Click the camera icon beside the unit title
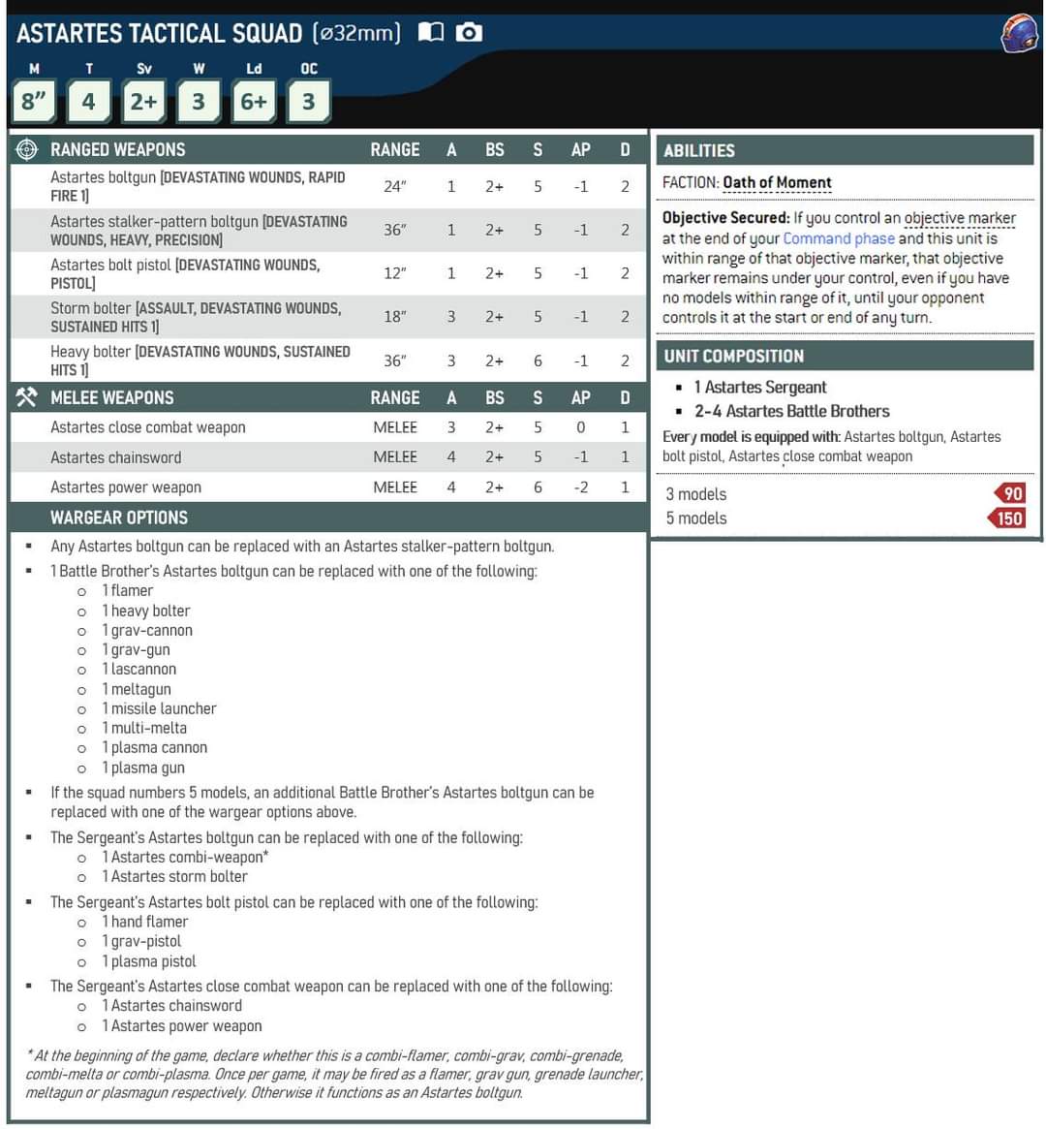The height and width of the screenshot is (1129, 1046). tap(469, 32)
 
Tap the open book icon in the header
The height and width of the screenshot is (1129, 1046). tap(430, 32)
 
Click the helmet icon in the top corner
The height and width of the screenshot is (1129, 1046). tap(1020, 34)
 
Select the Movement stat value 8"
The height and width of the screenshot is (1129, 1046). tap(34, 101)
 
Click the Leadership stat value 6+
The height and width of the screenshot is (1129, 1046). tap(254, 101)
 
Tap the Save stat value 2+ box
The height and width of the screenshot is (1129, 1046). tap(143, 101)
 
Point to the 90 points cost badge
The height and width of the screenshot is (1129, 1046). tap(1010, 493)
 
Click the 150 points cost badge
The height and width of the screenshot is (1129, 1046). tap(1008, 518)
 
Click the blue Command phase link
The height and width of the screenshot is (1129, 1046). tap(838, 238)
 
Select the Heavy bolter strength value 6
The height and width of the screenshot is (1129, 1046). tap(538, 361)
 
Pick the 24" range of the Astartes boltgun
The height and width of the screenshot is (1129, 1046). tap(394, 186)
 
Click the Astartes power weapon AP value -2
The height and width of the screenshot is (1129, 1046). tap(580, 487)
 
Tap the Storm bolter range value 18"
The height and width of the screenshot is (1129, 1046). tap(394, 317)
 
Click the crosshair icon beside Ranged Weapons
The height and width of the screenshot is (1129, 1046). tap(27, 149)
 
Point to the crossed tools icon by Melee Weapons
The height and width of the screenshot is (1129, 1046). tap(27, 397)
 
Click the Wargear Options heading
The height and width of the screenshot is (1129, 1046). tap(119, 517)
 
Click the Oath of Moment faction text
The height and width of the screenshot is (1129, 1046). tap(777, 182)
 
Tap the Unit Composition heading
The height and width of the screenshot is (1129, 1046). tap(733, 356)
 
